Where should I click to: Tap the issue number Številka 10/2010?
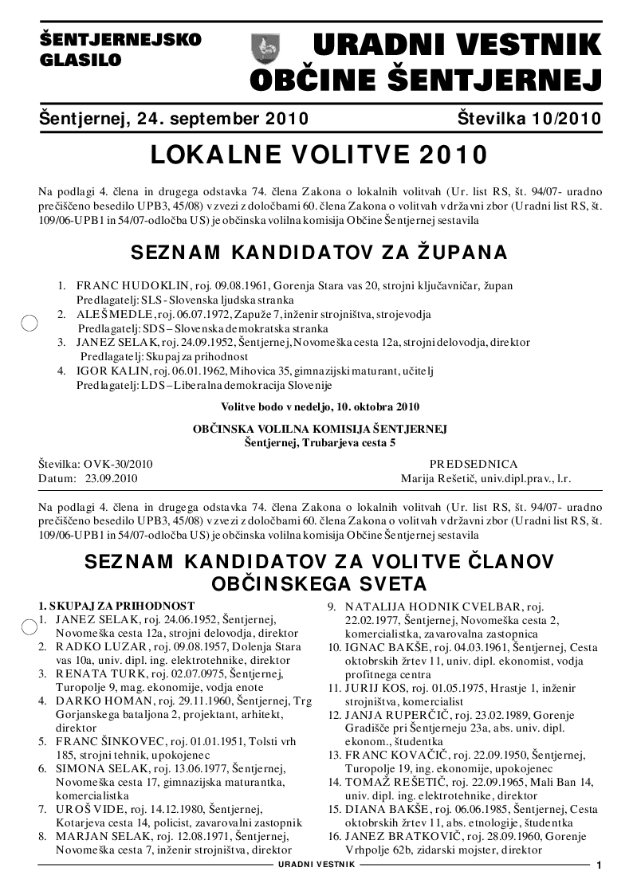pyautogui.click(x=529, y=120)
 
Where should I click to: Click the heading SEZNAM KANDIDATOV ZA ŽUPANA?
pyautogui.click(x=318, y=253)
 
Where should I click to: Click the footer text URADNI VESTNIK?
pyautogui.click(x=316, y=865)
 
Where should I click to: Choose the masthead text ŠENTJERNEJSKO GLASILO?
pyautogui.click(x=120, y=49)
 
